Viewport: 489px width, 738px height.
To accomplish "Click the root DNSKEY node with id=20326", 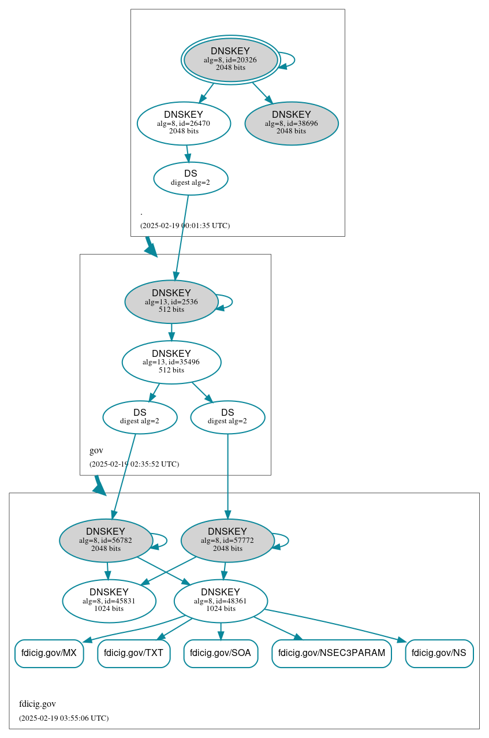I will (x=230, y=59).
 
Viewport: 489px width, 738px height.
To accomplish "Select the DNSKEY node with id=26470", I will (x=184, y=123).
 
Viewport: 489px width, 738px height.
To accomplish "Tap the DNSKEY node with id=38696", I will (x=292, y=123).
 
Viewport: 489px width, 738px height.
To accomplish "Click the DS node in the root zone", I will (x=191, y=178).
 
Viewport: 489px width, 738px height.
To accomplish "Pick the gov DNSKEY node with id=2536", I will (x=171, y=301).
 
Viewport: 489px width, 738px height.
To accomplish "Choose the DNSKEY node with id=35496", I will (x=171, y=362).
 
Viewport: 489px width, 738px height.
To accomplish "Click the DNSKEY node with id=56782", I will (x=106, y=541).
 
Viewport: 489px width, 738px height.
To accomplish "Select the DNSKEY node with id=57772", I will (x=227, y=541).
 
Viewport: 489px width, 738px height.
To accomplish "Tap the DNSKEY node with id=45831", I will (x=109, y=601).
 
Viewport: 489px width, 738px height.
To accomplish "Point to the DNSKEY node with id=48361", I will (x=221, y=601).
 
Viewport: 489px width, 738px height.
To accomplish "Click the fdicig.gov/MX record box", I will (x=49, y=654).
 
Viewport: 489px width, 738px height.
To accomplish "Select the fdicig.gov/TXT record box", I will (x=134, y=654).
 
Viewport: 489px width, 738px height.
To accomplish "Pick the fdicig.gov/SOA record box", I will (x=221, y=654).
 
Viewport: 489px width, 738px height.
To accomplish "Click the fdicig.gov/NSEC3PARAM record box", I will (x=331, y=654).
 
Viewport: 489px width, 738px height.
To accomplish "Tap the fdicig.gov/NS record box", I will (x=439, y=654).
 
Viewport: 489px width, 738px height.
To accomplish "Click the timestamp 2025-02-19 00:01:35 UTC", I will (x=185, y=225).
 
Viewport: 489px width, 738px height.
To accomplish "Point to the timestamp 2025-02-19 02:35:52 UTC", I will (x=134, y=464).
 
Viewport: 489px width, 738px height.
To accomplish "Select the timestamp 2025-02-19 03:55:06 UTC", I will (x=64, y=718).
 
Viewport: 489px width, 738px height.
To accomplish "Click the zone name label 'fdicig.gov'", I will (x=38, y=704).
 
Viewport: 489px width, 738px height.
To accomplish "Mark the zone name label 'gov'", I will (x=96, y=450).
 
